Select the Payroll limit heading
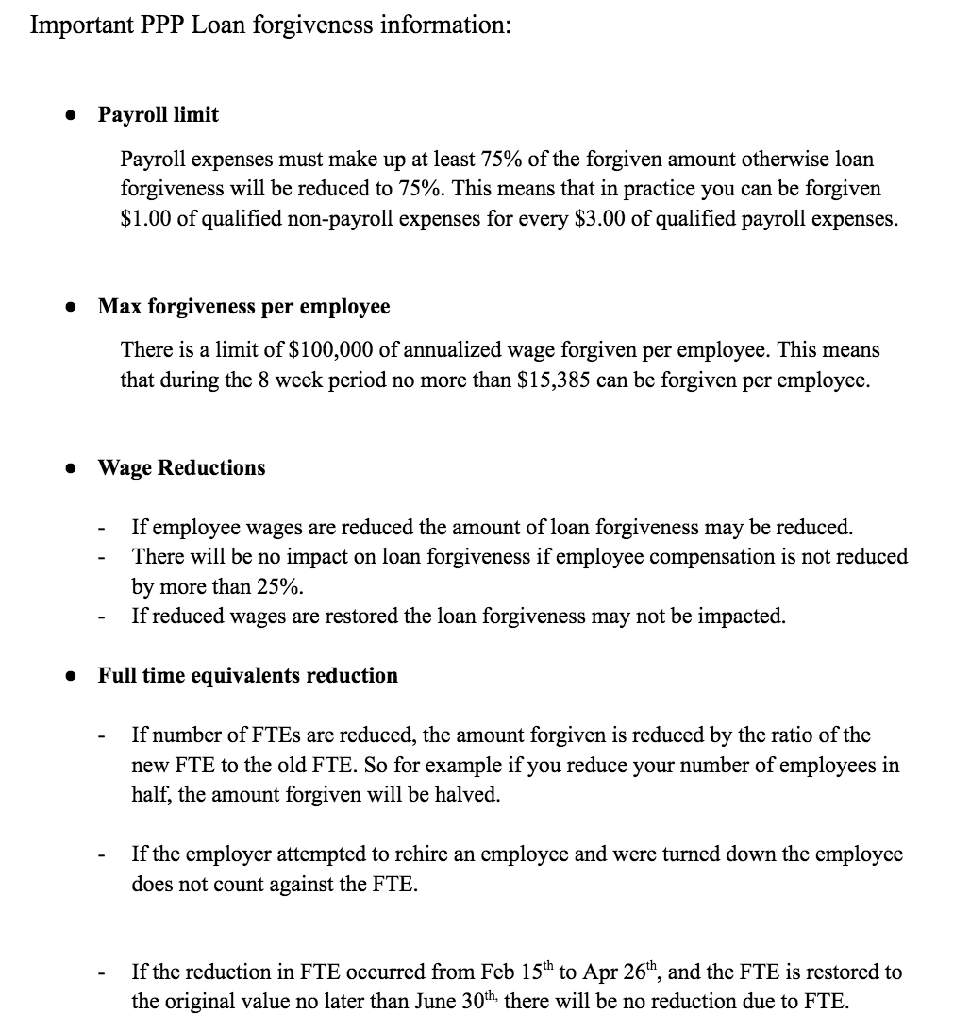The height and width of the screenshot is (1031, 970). point(158,114)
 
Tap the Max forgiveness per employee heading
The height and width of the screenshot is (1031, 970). point(243,307)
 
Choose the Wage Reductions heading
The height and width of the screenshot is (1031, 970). point(181,467)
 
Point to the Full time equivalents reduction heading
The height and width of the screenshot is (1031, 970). point(247,675)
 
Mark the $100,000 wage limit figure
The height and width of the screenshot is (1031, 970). point(328,350)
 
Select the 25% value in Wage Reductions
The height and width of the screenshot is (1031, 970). point(278,586)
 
